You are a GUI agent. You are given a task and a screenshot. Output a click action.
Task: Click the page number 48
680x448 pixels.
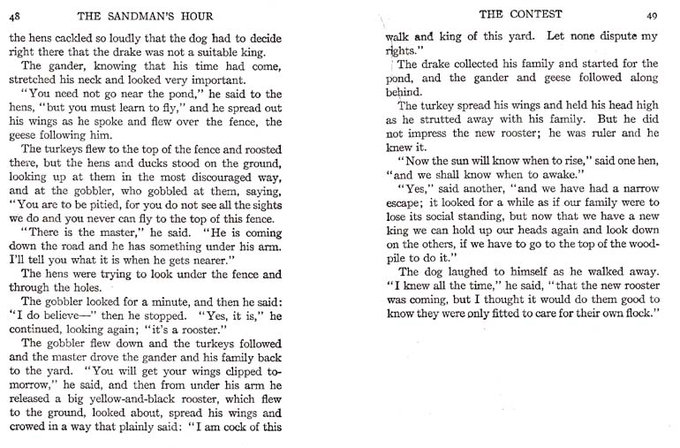[15, 14]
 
